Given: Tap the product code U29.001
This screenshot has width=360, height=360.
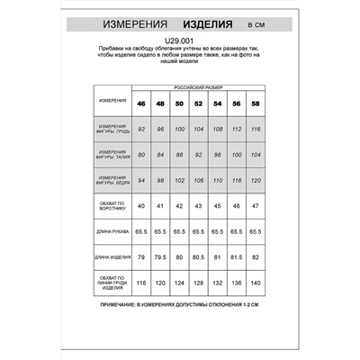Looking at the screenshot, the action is pyautogui.click(x=180, y=40).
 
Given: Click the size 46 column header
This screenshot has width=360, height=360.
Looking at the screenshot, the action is pyautogui.click(x=141, y=104).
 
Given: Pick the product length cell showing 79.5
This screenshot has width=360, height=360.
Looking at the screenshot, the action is pyautogui.click(x=160, y=258).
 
